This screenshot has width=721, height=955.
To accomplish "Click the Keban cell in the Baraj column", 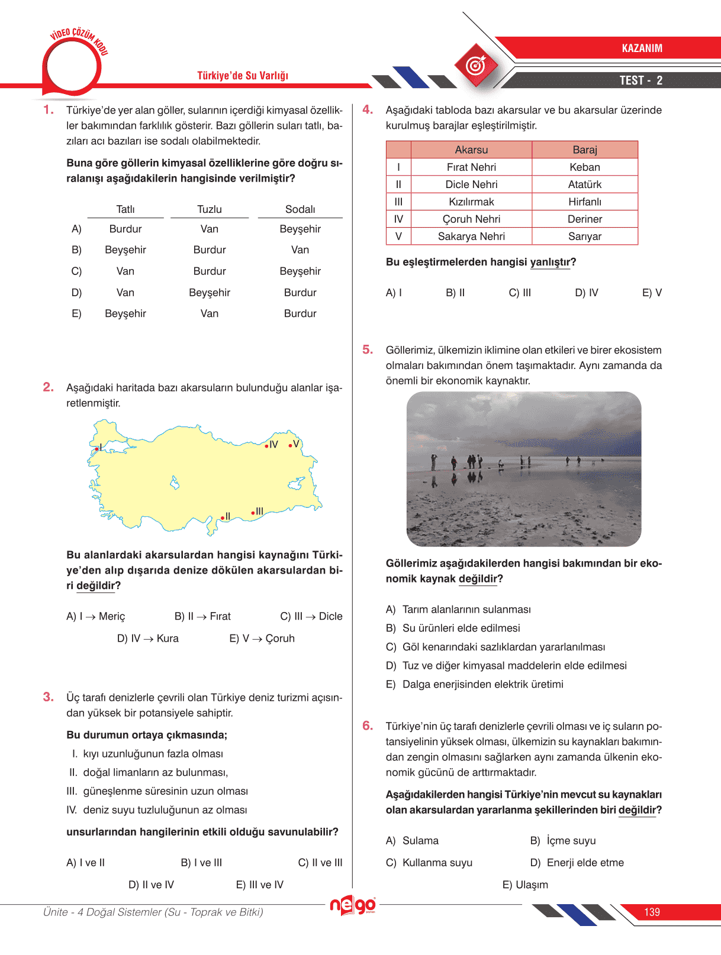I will (585, 167).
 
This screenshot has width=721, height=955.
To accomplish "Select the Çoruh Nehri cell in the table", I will (471, 219).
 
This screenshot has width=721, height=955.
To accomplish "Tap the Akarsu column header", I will (471, 150).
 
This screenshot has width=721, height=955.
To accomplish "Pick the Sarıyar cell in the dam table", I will (585, 236).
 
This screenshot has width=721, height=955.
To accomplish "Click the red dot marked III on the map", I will (253, 513).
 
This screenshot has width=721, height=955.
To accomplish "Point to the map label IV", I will (273, 444).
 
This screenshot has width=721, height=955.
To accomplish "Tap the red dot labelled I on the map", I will (96, 449).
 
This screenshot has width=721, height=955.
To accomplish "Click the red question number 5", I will (368, 349).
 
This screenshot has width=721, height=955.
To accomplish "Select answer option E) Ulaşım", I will (525, 885).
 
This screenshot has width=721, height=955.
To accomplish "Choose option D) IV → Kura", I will (148, 638).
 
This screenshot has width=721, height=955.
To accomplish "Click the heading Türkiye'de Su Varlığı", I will (243, 76).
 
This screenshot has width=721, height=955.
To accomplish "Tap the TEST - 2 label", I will (640, 80).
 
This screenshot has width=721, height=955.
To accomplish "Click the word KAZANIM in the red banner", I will (642, 48).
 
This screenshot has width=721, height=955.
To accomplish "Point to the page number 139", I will (652, 912).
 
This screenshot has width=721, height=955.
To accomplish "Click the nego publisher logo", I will (353, 905).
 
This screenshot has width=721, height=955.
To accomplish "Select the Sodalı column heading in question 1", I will (300, 209).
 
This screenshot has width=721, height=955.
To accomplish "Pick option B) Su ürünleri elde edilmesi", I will (453, 628).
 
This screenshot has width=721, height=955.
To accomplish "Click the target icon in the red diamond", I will (476, 65).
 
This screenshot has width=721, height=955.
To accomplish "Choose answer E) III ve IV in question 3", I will (259, 885).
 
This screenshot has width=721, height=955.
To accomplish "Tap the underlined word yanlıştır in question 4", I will (551, 262).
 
